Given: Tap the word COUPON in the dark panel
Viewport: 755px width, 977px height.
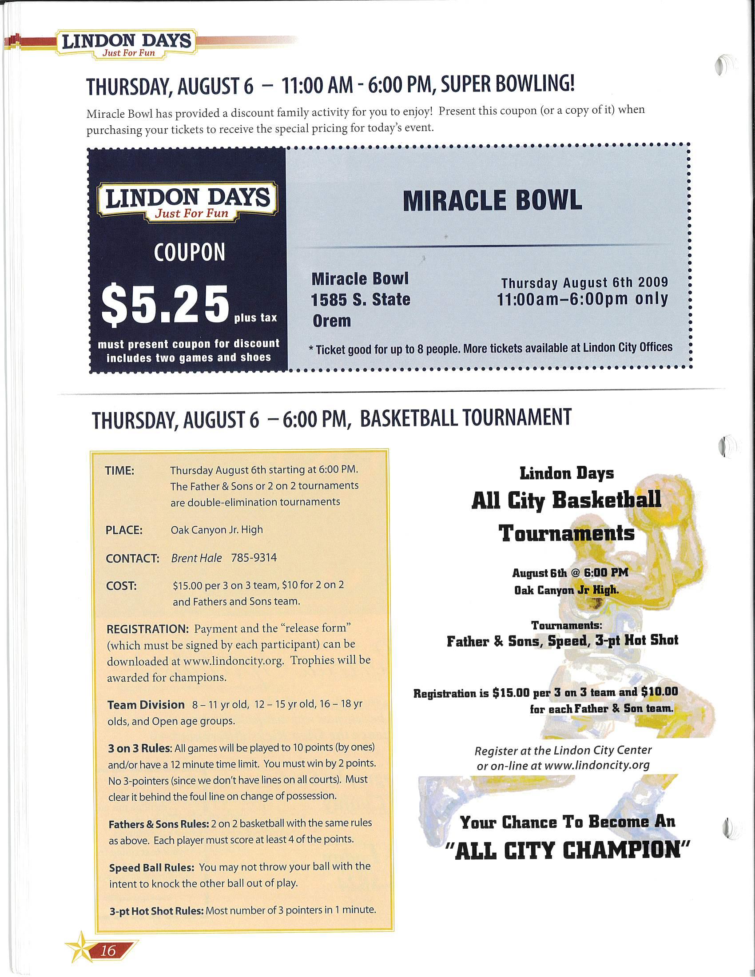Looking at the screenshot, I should pyautogui.click(x=189, y=252).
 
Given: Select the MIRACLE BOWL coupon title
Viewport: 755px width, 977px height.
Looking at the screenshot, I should pyautogui.click(x=493, y=200).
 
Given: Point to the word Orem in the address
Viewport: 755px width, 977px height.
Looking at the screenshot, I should pyautogui.click(x=331, y=321).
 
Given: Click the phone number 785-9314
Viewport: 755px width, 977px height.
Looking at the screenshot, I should pyautogui.click(x=254, y=557).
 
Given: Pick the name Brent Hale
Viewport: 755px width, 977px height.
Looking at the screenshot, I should pyautogui.click(x=196, y=558).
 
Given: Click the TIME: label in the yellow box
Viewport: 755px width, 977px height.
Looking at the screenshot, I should pyautogui.click(x=119, y=471).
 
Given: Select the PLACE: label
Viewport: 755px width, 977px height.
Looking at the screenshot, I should pyautogui.click(x=124, y=530).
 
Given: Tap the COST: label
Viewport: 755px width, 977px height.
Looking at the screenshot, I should pyautogui.click(x=121, y=586).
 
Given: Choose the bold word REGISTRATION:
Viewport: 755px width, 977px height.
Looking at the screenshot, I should pyautogui.click(x=148, y=629).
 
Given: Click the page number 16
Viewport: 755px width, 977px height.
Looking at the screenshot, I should pyautogui.click(x=108, y=950).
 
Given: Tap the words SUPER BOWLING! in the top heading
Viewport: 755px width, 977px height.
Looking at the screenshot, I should pyautogui.click(x=507, y=84).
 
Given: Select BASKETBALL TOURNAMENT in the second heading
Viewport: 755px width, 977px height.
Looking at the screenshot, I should pyautogui.click(x=465, y=418).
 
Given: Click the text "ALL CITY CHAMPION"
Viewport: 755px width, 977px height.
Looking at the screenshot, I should pyautogui.click(x=568, y=850).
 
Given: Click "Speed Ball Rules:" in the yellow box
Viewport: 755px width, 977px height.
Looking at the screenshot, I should pyautogui.click(x=151, y=868).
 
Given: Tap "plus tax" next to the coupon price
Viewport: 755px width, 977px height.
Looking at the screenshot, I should pyautogui.click(x=255, y=318).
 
